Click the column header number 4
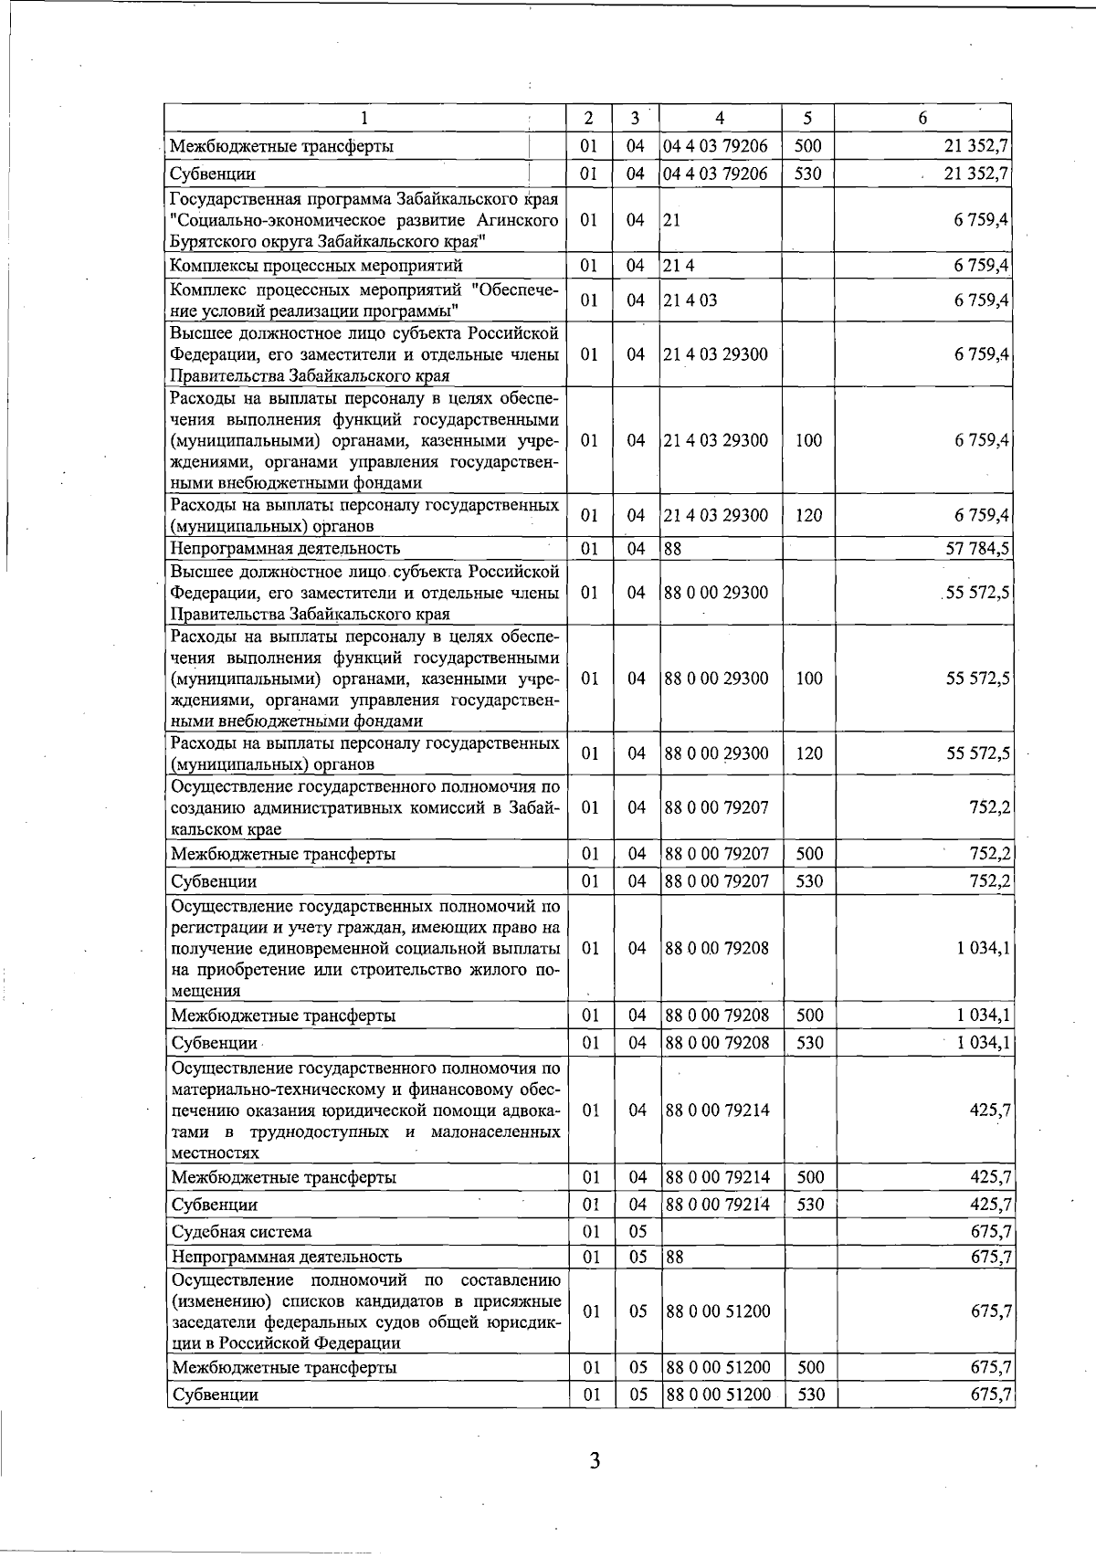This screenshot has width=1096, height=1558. tap(721, 119)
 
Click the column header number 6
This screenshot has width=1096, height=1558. tap(922, 119)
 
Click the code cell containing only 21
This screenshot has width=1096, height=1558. tap(673, 220)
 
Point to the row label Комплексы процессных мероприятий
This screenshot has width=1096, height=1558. tap(316, 266)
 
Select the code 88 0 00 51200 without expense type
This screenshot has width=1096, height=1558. tap(717, 1311)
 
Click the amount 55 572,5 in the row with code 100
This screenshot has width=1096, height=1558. tap(976, 679)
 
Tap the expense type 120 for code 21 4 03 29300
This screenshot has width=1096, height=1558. tap(808, 515)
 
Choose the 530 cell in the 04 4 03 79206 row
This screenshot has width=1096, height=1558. tap(808, 174)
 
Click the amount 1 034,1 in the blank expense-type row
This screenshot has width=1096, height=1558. tap(983, 948)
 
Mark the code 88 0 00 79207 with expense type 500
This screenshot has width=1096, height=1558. tap(717, 854)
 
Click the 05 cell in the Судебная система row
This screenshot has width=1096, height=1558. tap(637, 1232)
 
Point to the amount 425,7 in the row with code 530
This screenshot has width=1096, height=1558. tap(989, 1205)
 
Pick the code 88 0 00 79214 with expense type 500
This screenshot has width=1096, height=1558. tap(717, 1177)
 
